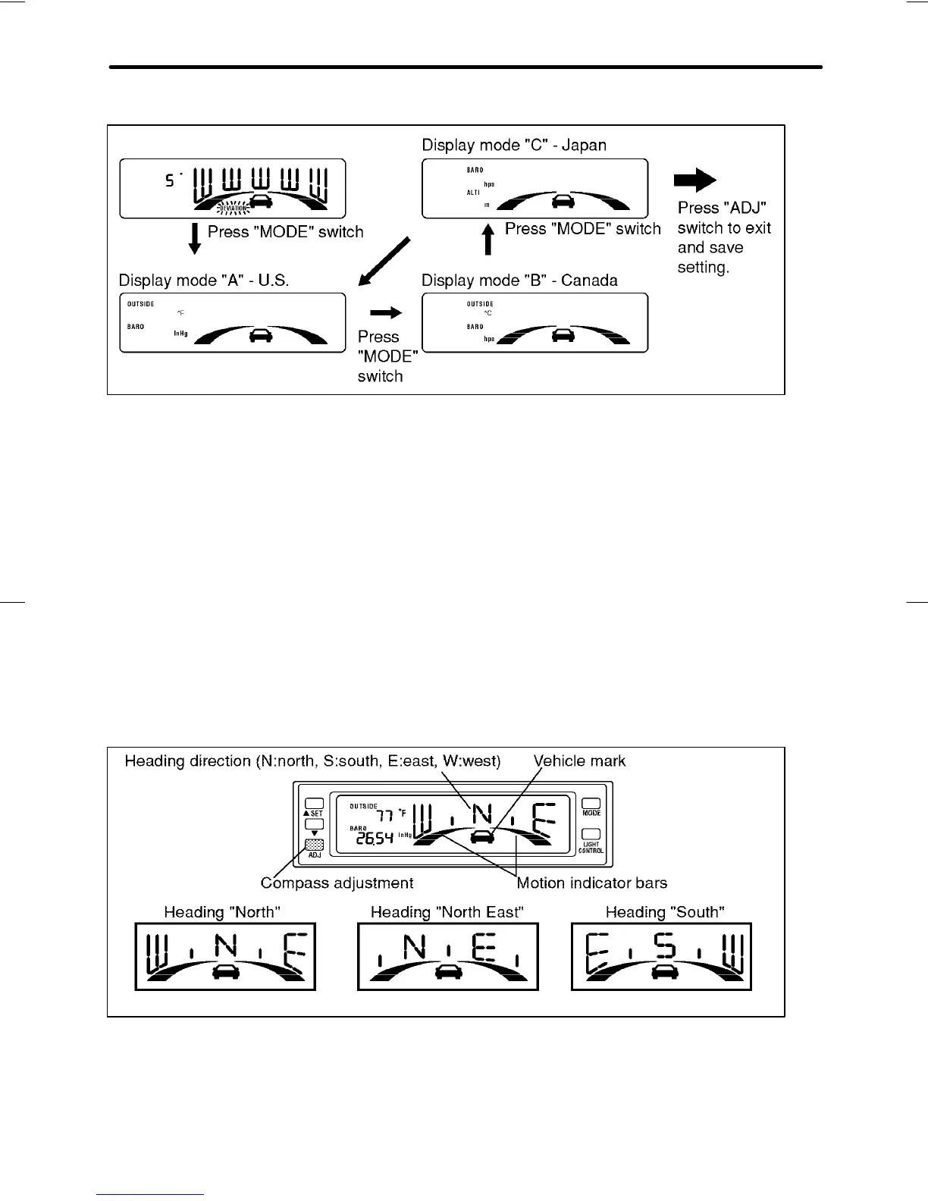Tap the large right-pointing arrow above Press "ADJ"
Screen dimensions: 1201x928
(x=694, y=180)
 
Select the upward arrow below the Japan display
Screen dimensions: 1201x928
(x=489, y=238)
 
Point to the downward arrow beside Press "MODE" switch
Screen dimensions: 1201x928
(x=195, y=238)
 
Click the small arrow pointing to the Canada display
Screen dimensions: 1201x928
(x=385, y=312)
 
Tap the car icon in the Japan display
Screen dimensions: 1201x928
(x=563, y=201)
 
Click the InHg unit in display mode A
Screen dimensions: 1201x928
(x=180, y=334)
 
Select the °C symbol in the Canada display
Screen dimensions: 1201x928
(x=488, y=313)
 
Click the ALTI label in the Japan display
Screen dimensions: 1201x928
(x=473, y=193)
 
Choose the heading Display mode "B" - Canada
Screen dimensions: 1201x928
(x=519, y=281)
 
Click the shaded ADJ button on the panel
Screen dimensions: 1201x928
(x=314, y=845)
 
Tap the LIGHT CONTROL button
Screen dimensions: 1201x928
(x=591, y=835)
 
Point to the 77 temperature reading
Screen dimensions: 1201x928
(x=385, y=816)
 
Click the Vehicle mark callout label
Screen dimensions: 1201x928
(x=579, y=760)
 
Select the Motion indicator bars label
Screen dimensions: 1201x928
(x=591, y=883)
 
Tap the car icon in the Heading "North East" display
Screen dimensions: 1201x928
(x=449, y=972)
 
